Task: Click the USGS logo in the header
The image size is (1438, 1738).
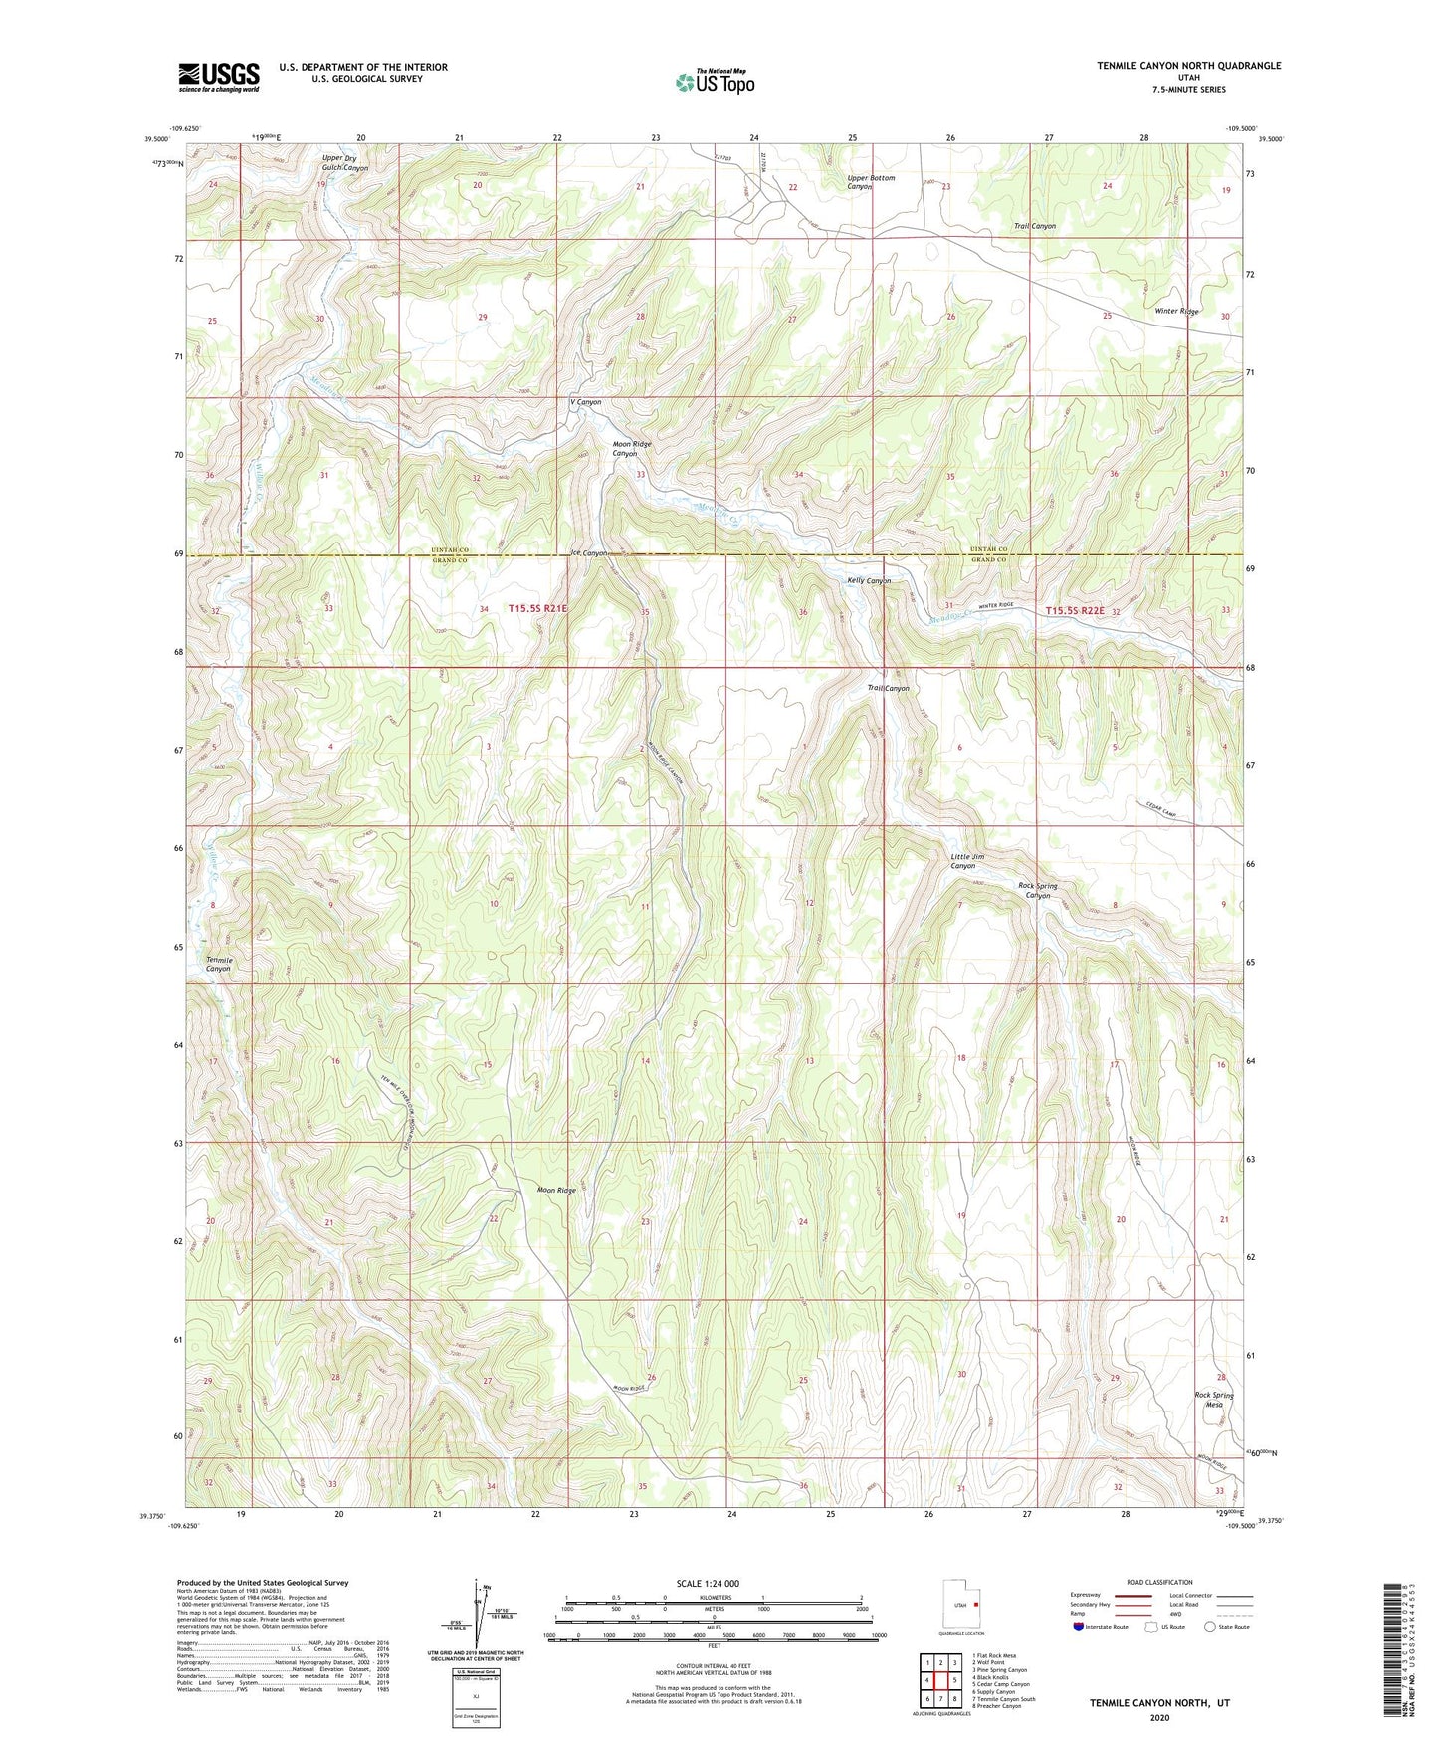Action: pyautogui.click(x=219, y=76)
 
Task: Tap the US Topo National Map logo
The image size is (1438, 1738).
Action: pyautogui.click(x=715, y=82)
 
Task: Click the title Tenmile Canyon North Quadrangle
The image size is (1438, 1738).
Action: pyautogui.click(x=1188, y=66)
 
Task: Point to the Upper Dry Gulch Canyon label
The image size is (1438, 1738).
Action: pyautogui.click(x=344, y=163)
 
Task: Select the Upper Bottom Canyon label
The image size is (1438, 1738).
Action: pyautogui.click(x=870, y=182)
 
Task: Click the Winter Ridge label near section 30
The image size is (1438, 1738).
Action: pyautogui.click(x=1176, y=311)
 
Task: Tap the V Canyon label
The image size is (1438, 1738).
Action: pyautogui.click(x=585, y=402)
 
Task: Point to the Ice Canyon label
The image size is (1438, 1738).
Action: pyautogui.click(x=588, y=552)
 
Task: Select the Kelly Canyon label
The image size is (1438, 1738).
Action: pyautogui.click(x=868, y=580)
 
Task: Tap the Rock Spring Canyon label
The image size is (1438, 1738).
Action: pyautogui.click(x=1037, y=890)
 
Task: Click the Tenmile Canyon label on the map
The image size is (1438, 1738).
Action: pyautogui.click(x=218, y=963)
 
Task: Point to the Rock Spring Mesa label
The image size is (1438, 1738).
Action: pyautogui.click(x=1213, y=1400)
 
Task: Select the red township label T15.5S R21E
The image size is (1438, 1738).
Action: pyautogui.click(x=537, y=608)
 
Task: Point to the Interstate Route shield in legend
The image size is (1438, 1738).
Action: pyautogui.click(x=1079, y=1627)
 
